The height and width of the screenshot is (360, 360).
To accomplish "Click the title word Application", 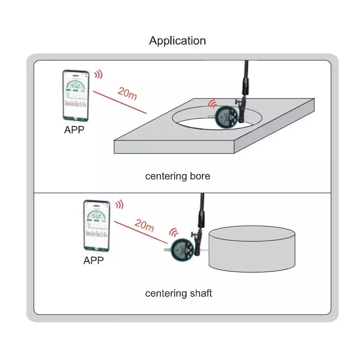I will point(177,40).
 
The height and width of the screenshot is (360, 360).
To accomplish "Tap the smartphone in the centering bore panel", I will point(76,95).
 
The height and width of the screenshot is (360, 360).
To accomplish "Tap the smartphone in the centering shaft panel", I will point(96,226).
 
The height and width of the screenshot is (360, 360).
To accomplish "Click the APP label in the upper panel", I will point(74,130).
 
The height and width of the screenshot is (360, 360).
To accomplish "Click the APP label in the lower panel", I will point(94,261).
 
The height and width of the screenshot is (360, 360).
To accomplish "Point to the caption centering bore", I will point(177,176).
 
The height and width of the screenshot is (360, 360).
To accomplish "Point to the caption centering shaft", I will point(178,293).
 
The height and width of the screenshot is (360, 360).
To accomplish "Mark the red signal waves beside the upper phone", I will point(98,74).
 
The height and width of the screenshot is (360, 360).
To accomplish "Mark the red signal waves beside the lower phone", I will point(119,205).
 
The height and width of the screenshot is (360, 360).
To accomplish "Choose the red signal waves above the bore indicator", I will point(212,104).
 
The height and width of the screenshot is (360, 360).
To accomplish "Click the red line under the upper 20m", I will point(120,102).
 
